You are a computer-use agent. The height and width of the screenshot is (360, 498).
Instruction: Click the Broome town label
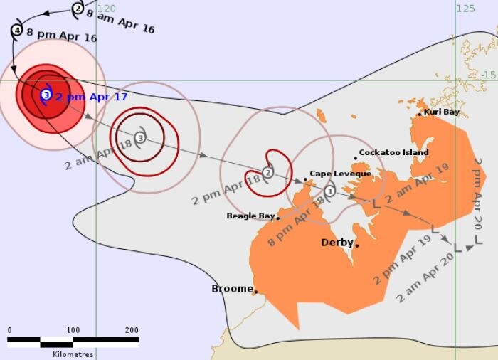(x=232, y=289)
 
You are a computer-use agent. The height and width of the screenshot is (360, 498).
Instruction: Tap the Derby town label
(x=337, y=243)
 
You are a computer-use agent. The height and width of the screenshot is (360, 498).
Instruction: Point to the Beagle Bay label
(x=250, y=216)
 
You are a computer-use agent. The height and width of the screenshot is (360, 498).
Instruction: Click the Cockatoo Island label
(x=393, y=152)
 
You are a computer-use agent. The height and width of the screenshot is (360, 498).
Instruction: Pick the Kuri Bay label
(x=441, y=112)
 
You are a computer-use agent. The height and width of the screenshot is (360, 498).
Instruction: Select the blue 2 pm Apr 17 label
(x=91, y=97)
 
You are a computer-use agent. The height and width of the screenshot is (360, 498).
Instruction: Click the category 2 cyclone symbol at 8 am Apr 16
(x=78, y=9)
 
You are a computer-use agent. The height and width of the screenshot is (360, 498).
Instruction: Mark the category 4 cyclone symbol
(x=17, y=31)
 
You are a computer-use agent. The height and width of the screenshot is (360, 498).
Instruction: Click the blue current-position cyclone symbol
(x=46, y=95)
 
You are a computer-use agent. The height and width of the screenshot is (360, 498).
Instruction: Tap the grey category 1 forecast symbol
(x=329, y=191)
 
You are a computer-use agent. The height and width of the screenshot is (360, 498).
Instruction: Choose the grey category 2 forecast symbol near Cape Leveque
(x=267, y=172)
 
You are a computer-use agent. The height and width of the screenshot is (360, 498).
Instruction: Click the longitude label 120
(x=106, y=8)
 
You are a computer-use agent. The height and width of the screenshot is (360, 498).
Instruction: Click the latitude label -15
(x=488, y=75)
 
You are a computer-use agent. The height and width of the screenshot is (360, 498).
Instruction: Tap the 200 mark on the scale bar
(x=132, y=330)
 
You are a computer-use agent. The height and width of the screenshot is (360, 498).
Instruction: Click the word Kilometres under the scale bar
(x=73, y=354)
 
